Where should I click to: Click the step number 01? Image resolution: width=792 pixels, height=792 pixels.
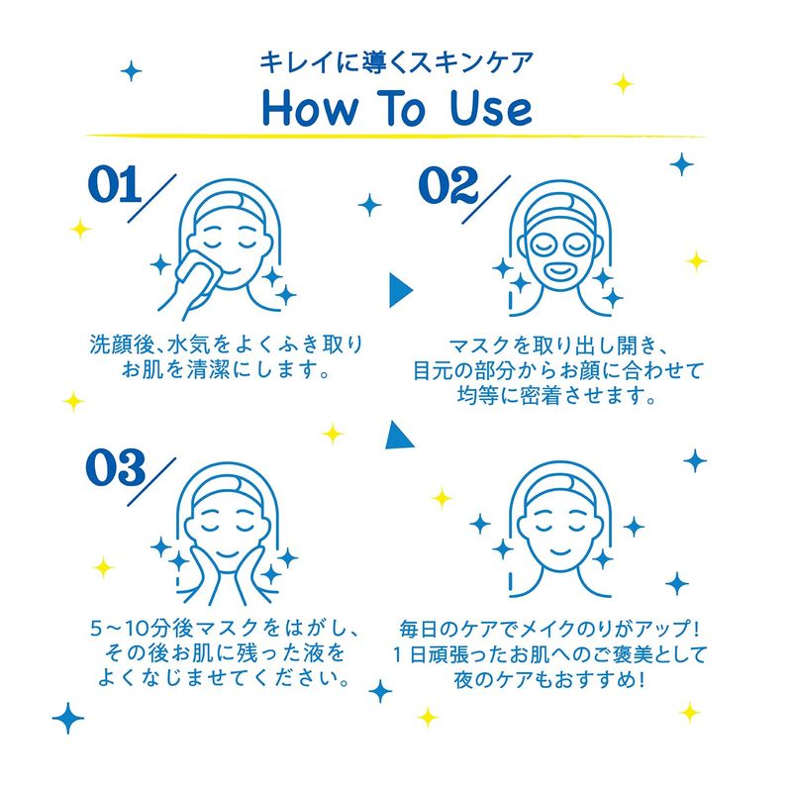[114, 184]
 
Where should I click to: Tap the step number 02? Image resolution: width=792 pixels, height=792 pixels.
[448, 185]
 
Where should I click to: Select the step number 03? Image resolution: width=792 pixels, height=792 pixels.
[116, 467]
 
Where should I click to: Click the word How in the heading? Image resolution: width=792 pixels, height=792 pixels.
[310, 108]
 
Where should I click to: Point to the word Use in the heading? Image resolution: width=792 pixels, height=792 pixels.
[490, 108]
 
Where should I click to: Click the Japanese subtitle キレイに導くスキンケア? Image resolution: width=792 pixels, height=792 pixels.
[397, 62]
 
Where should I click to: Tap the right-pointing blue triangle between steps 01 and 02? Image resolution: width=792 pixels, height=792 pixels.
[401, 290]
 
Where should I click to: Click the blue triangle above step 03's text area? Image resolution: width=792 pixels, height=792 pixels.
[399, 436]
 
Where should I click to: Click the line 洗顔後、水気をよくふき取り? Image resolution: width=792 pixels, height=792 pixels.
[227, 345]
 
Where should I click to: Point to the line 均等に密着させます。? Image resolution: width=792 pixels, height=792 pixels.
[557, 395]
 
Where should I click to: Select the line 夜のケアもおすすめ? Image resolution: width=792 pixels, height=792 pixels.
[549, 680]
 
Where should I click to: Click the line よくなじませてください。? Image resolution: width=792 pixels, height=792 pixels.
[225, 677]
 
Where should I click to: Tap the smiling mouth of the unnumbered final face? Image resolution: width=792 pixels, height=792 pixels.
[559, 549]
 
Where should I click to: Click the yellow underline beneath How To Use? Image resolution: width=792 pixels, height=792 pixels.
[396, 136]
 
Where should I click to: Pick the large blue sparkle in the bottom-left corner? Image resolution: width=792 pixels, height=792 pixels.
[68, 718]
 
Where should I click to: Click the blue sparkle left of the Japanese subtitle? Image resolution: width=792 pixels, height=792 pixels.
[132, 70]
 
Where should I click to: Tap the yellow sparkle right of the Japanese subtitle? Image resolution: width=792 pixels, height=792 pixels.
[624, 83]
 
